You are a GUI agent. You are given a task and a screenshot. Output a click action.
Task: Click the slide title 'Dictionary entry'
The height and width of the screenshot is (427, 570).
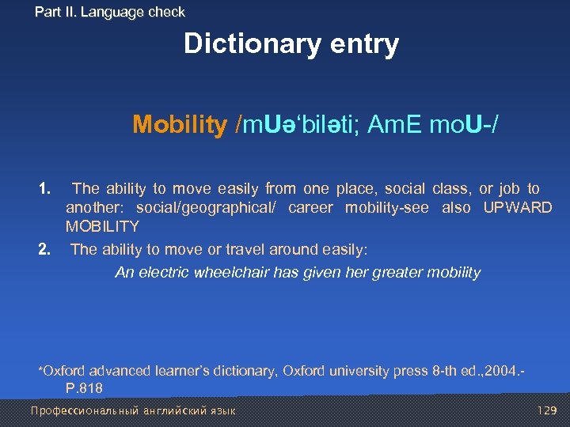pos(291,44)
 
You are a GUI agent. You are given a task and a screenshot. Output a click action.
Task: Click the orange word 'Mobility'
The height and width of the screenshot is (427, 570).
pos(180,124)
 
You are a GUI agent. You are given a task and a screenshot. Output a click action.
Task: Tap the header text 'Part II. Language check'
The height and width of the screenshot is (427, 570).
pos(110,12)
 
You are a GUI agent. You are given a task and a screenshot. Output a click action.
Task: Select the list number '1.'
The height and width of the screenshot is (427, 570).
pos(45,188)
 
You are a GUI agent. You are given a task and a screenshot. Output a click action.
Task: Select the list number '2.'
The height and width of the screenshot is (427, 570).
pos(45,250)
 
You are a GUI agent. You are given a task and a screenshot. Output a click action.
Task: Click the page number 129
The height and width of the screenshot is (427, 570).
pos(546,410)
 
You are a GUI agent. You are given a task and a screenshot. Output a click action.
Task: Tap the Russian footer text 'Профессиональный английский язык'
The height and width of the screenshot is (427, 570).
pos(133,410)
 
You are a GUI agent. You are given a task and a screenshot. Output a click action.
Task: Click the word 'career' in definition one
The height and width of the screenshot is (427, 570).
pos(311,208)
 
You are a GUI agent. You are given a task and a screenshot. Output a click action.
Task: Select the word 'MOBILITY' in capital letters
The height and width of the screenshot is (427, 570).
pos(102,226)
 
